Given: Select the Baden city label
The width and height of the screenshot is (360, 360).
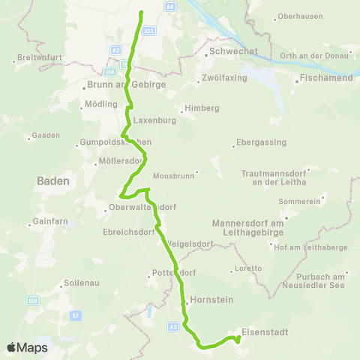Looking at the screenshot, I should (x=52, y=181).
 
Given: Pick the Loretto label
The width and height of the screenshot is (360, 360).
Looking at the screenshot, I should (x=247, y=268).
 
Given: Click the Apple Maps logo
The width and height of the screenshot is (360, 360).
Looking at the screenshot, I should (x=27, y=347).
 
